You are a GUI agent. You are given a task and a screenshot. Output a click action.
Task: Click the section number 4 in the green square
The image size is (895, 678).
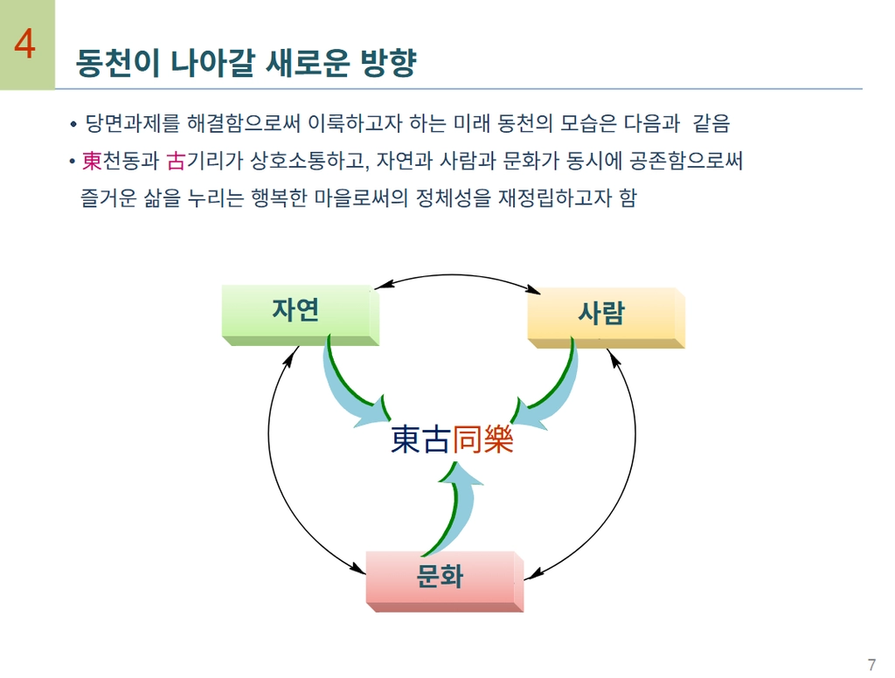click(25, 45)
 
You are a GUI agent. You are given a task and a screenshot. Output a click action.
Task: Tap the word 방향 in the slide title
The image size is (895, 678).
click(388, 63)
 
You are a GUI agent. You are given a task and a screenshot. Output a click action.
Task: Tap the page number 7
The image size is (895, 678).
click(871, 662)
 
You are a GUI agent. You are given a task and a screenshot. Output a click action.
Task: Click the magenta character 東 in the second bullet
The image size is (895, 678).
click(92, 162)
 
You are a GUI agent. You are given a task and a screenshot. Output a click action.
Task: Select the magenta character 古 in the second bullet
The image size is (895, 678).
click(176, 162)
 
